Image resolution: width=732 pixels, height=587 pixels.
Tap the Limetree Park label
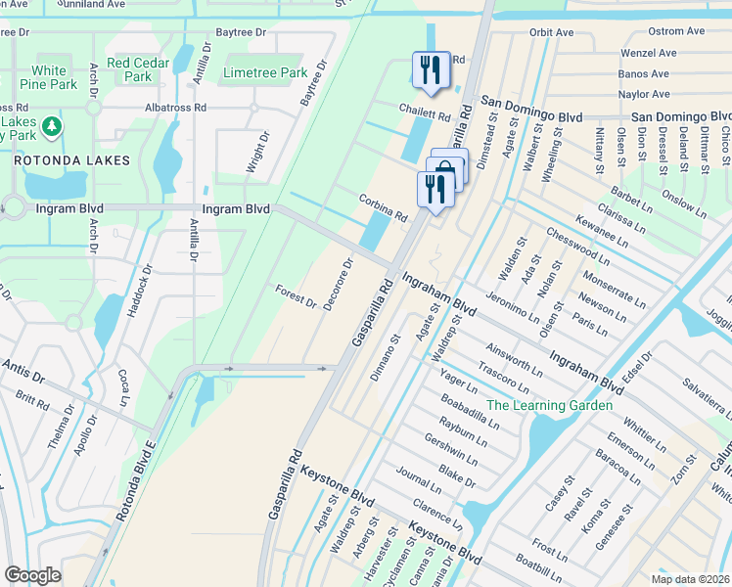click(265, 73)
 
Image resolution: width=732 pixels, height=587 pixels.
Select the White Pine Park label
click(48, 77)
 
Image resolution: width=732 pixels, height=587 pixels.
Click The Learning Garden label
click(550, 405)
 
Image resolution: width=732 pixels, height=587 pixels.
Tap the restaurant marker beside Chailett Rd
click(430, 69)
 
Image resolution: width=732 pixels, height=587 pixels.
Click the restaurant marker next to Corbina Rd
click(435, 189)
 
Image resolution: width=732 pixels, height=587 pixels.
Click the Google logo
click(32, 575)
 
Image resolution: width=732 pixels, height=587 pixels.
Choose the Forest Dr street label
click(296, 296)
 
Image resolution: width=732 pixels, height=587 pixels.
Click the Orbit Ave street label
click(551, 32)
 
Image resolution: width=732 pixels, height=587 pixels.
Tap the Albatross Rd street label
click(175, 107)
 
